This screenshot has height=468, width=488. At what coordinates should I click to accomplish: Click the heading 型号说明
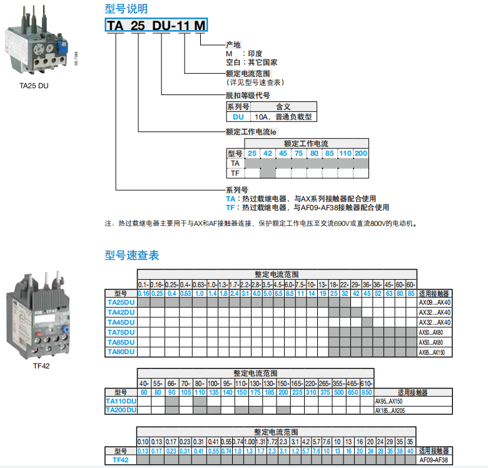pos(126,9)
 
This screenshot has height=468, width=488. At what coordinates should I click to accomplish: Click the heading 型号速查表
pos(131,255)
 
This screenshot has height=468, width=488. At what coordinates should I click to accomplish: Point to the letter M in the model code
pos(200,26)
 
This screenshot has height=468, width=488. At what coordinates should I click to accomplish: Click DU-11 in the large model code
pos(169,26)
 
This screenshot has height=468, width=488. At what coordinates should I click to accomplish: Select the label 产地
pos(233,44)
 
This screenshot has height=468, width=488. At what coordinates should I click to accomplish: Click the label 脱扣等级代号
pos(248,96)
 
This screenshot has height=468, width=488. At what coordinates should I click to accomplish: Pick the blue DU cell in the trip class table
pos(238,116)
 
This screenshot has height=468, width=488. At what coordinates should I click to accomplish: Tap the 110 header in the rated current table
pos(345,153)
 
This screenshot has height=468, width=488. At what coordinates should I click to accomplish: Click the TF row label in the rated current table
pos(235,173)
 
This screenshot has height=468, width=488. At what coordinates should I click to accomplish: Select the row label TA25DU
pos(121,302)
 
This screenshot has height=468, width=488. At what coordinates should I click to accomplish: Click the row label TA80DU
pos(121,352)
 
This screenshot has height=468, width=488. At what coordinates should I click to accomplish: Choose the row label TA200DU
pos(121,410)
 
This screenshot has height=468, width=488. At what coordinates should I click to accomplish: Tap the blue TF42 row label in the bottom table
pos(121,460)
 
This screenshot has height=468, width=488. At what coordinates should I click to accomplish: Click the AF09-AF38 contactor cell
pos(434,460)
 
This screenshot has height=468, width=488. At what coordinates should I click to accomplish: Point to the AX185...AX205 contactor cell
pos(390,410)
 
